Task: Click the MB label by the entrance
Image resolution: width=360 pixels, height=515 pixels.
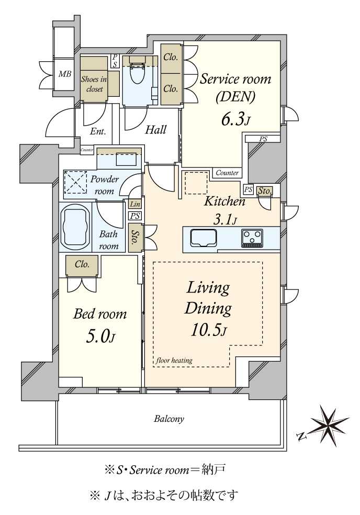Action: [65, 74]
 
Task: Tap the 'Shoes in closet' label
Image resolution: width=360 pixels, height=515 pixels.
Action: [94, 84]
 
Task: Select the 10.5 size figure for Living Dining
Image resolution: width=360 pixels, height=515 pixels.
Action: [209, 330]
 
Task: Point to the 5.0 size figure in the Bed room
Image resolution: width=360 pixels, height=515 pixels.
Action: [100, 337]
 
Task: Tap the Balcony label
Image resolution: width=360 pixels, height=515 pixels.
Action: [169, 419]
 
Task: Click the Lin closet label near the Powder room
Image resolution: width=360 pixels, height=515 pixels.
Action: [135, 204]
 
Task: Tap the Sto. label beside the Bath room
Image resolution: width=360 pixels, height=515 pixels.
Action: [134, 238]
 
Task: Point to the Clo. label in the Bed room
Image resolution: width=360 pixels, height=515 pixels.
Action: [82, 264]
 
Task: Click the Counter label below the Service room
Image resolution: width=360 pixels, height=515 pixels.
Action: [227, 173]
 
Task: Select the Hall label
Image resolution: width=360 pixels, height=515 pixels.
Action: [156, 130]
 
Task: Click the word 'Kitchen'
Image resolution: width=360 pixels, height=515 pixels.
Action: [224, 201]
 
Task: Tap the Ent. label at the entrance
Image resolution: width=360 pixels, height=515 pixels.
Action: [98, 132]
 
